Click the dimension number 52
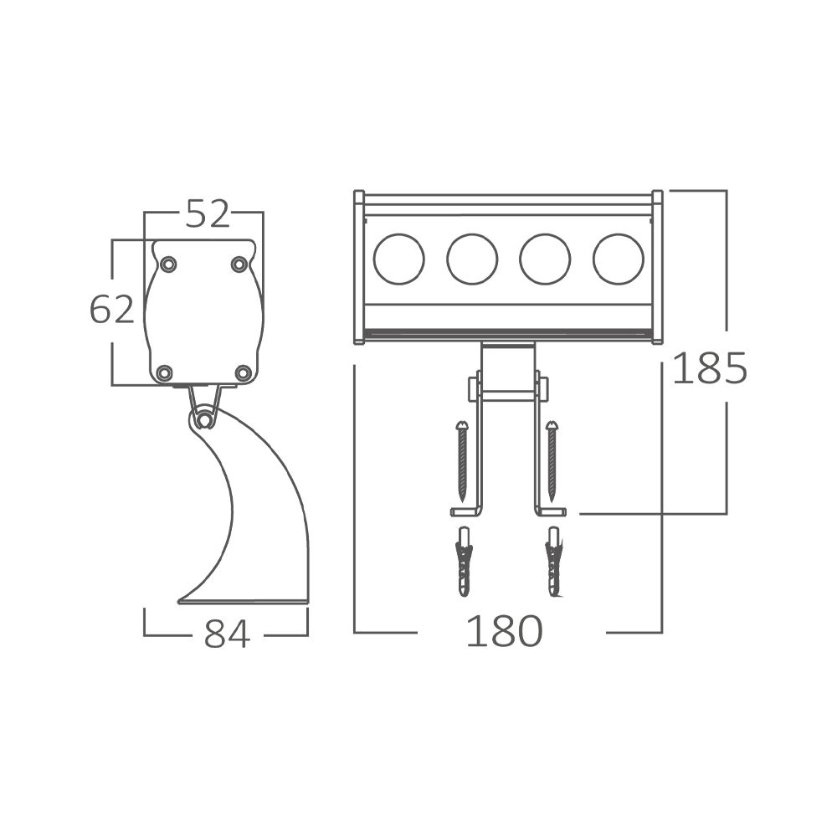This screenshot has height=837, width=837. pyautogui.click(x=207, y=214)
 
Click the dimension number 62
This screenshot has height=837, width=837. pyautogui.click(x=111, y=310)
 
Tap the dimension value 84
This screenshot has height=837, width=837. pyautogui.click(x=227, y=634)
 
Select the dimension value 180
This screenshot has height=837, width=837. pyautogui.click(x=504, y=631)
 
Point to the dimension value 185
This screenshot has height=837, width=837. pyautogui.click(x=709, y=368)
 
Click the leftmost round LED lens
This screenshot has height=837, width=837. pyautogui.click(x=398, y=259)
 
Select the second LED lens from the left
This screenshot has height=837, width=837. pyautogui.click(x=472, y=259)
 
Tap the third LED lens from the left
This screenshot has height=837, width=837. pyautogui.click(x=545, y=259)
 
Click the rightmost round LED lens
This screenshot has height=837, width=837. pyautogui.click(x=619, y=259)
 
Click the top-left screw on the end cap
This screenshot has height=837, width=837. pyautogui.click(x=168, y=264)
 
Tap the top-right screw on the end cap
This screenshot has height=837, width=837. pyautogui.click(x=239, y=264)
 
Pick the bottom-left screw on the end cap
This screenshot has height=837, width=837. pyautogui.click(x=165, y=372)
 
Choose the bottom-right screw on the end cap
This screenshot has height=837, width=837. pyautogui.click(x=243, y=372)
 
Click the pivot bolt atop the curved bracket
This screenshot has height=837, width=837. pyautogui.click(x=203, y=419)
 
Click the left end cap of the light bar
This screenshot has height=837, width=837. pyautogui.click(x=358, y=267)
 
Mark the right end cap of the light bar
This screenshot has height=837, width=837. pyautogui.click(x=657, y=267)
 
